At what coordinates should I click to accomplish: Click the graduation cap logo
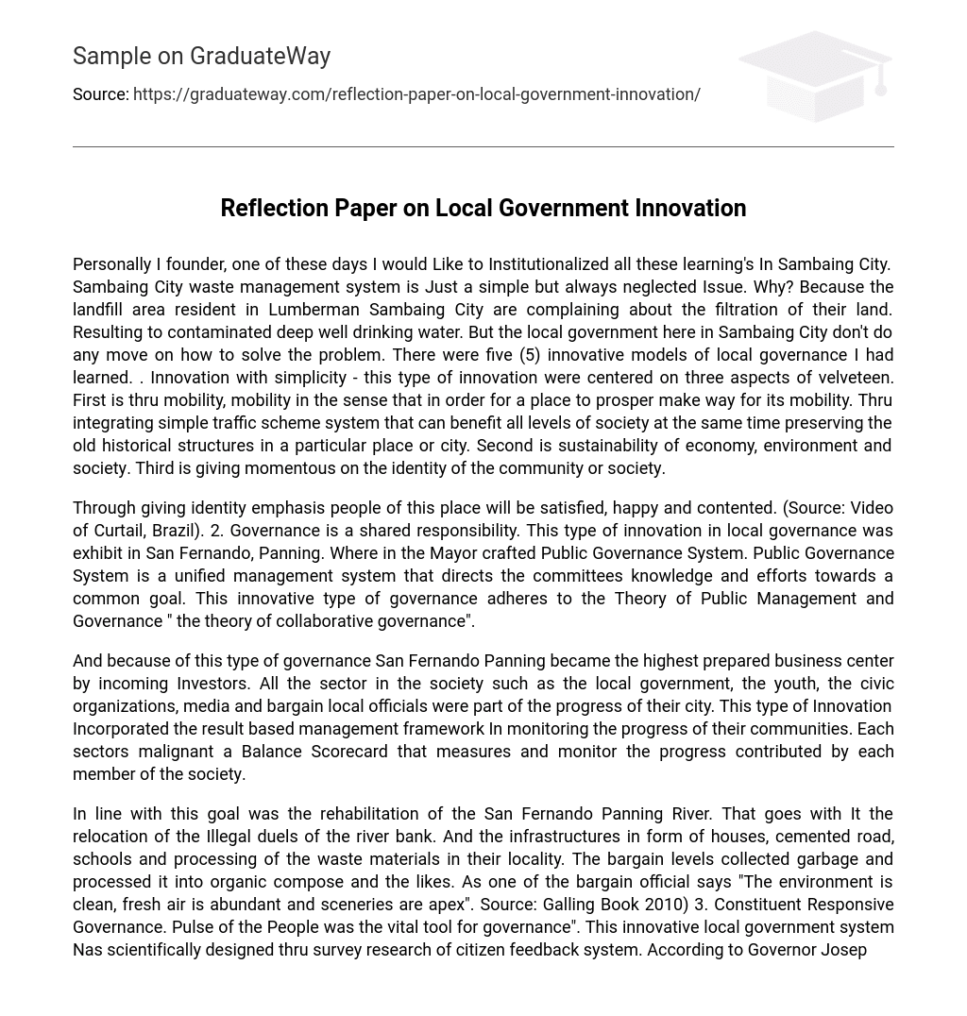815,76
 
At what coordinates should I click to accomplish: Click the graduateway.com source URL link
416,94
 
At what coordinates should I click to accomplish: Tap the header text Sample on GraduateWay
201,57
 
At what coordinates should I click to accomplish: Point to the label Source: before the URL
100,94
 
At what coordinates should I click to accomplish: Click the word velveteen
857,378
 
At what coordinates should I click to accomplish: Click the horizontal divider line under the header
483,146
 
